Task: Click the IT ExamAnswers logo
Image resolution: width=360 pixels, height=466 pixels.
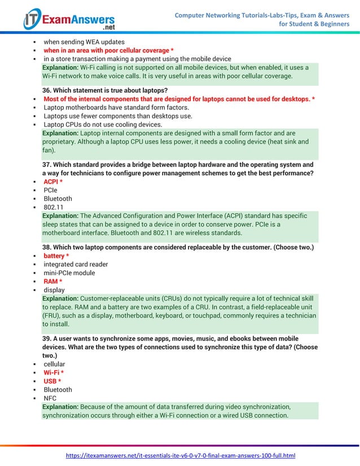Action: click(69, 20)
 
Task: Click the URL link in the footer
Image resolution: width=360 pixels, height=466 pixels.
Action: click(180, 455)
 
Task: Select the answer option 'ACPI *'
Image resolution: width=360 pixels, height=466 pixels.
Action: click(53, 182)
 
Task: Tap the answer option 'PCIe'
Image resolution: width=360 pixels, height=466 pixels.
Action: click(50, 190)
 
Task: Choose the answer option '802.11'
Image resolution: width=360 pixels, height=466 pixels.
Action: click(54, 207)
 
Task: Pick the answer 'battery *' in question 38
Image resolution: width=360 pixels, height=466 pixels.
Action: click(56, 256)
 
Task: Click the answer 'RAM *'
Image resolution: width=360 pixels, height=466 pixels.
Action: click(53, 282)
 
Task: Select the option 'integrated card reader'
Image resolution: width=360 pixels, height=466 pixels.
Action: click(76, 265)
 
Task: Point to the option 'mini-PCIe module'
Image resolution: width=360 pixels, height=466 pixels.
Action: click(69, 273)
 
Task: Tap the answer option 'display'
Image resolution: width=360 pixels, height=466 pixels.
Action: click(54, 290)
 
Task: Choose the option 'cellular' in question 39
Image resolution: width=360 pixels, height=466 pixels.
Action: click(54, 364)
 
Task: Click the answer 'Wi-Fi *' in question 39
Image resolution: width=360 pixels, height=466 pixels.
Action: click(54, 373)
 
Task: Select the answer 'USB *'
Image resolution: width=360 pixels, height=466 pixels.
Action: click(52, 381)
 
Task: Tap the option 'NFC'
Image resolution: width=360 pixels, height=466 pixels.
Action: click(50, 398)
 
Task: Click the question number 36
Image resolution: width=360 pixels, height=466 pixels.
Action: click(47, 90)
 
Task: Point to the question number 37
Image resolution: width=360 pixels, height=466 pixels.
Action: click(47, 165)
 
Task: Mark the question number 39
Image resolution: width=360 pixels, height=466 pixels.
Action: click(47, 339)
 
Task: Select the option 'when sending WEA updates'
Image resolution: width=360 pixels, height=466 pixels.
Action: click(84, 42)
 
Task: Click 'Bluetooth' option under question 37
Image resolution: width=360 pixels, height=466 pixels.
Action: click(58, 199)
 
